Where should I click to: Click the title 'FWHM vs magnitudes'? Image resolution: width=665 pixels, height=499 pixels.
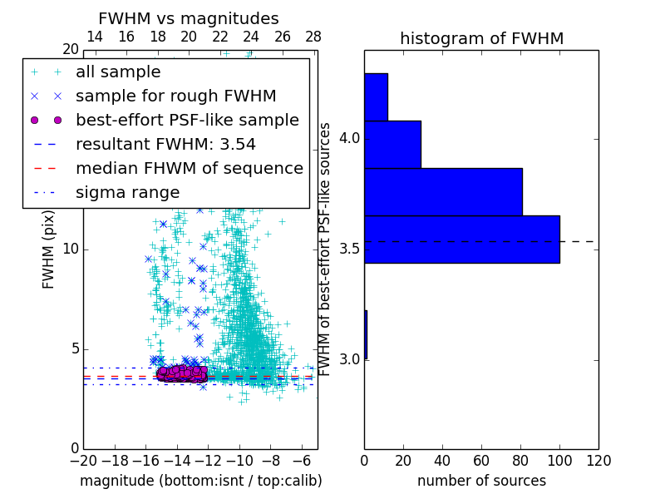(189, 18)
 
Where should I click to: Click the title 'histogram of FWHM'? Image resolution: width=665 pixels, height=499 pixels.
(481, 38)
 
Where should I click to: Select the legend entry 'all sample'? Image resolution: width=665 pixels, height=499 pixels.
(118, 72)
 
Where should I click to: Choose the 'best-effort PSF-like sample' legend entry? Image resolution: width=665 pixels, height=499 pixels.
(187, 121)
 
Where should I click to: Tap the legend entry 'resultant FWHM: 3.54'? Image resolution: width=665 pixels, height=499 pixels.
(165, 145)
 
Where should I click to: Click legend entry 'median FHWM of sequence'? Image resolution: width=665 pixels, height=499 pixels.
(189, 169)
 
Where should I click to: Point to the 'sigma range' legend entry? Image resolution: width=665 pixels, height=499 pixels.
(127, 193)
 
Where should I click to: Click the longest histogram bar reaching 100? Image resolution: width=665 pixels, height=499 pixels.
(461, 239)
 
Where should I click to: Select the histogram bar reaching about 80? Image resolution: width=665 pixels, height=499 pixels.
(443, 191)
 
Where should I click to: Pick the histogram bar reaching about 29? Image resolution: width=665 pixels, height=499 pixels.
(392, 144)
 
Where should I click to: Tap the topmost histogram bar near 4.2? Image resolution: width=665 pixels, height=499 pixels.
(376, 96)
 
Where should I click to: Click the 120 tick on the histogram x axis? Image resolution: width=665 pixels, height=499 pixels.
(598, 460)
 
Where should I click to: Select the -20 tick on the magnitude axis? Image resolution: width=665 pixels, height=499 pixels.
(82, 460)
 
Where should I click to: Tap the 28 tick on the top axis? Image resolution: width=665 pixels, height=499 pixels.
(313, 37)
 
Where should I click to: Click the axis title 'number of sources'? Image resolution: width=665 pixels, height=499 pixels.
(481, 481)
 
